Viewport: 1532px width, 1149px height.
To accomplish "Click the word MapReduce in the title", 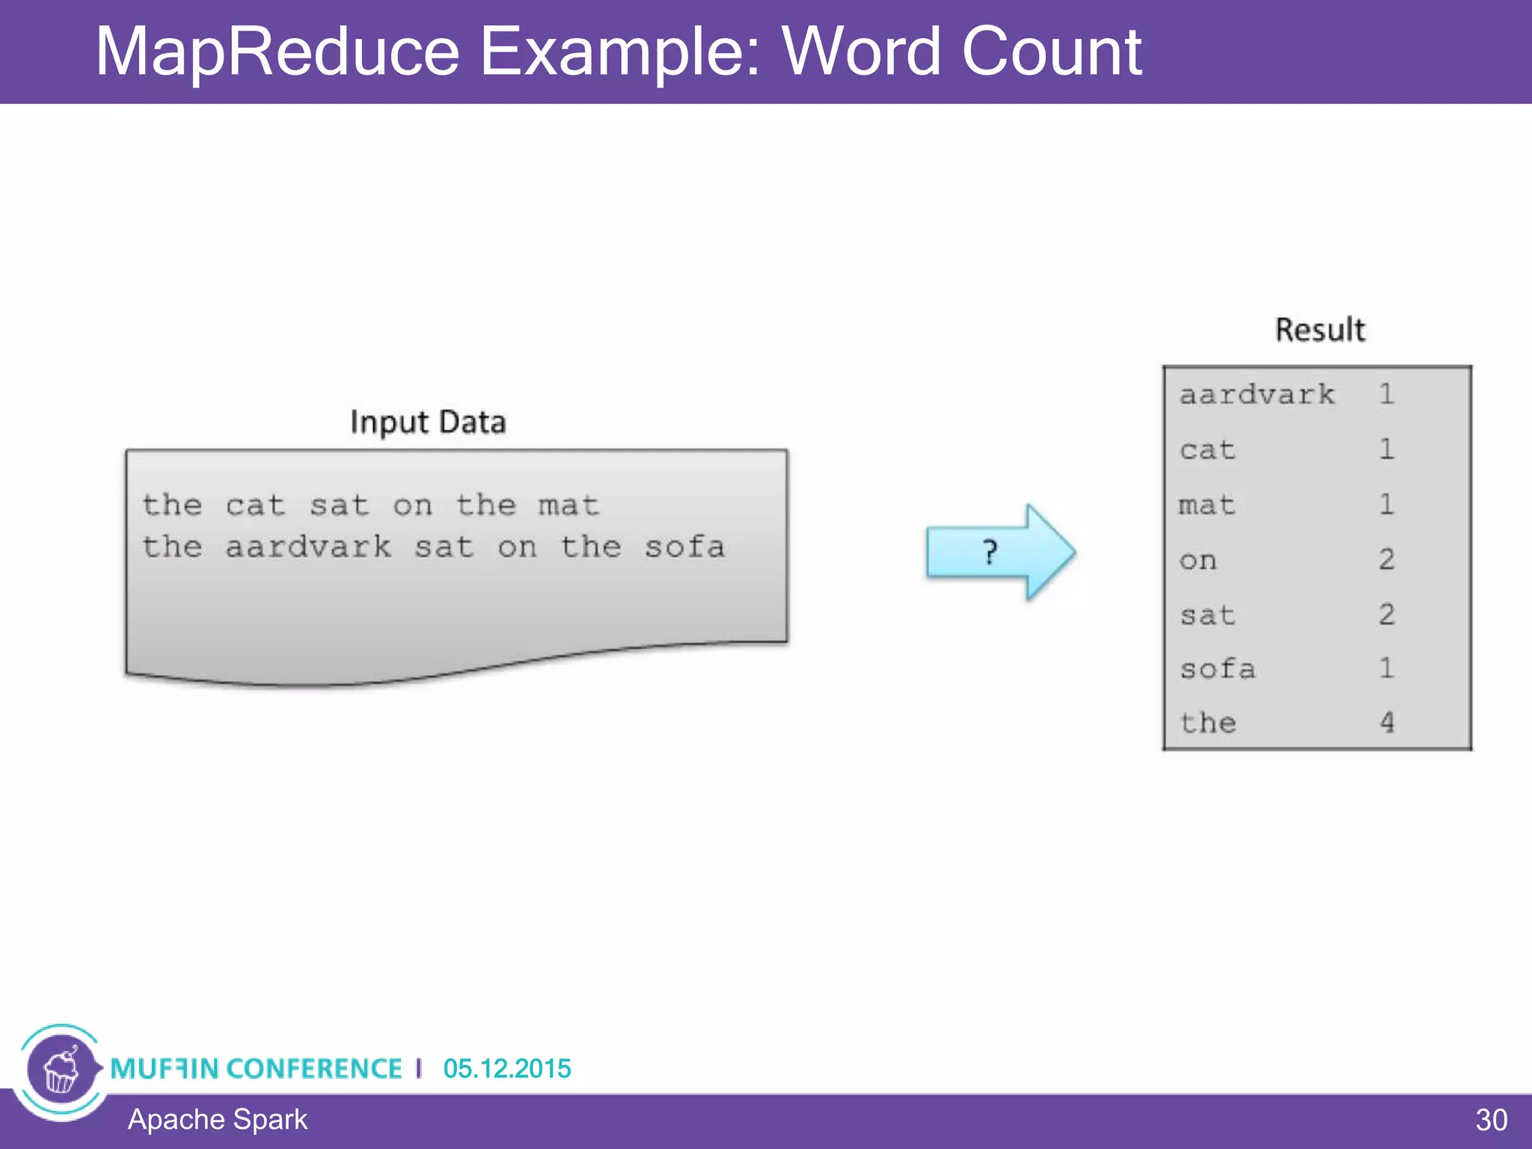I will (277, 52).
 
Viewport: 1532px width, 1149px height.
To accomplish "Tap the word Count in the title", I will (1050, 52).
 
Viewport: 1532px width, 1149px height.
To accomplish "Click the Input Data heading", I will (428, 423).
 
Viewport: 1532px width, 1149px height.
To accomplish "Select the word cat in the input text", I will (255, 506).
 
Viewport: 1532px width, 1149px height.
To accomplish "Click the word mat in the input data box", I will (569, 506).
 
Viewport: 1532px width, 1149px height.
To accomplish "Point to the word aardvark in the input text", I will (308, 547).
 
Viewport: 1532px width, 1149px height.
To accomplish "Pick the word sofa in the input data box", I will (684, 547).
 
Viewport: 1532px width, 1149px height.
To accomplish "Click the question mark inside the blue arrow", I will (990, 553).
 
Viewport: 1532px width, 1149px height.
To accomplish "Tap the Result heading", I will (1320, 330).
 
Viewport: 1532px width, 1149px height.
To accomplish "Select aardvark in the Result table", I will (1257, 394).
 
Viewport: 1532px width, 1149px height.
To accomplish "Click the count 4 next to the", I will (1386, 723).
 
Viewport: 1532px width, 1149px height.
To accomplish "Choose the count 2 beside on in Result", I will (1386, 560).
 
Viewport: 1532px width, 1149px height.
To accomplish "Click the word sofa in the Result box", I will (1217, 669).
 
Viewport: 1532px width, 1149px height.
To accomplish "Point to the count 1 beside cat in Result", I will (1386, 450).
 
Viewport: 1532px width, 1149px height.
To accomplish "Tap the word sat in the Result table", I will (1207, 615).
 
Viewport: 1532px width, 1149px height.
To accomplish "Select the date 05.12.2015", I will (506, 1068).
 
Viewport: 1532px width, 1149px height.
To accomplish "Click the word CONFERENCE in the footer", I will (314, 1068).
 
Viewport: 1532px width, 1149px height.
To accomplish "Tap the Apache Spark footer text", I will (217, 1120).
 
